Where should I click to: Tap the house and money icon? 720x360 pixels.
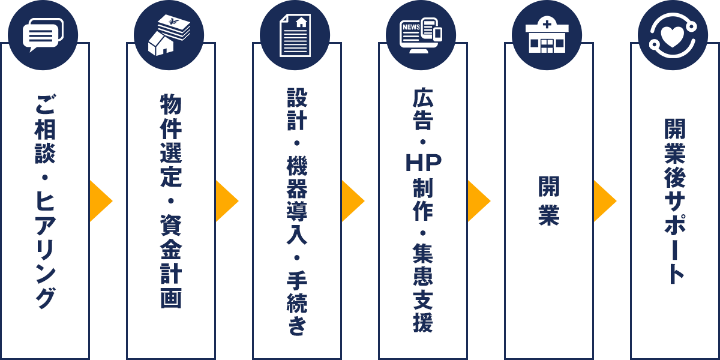tap(169, 35)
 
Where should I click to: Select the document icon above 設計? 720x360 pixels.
tap(295, 35)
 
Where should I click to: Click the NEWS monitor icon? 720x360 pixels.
tap(421, 35)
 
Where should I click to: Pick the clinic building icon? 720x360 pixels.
tap(547, 36)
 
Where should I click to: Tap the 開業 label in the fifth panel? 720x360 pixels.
tap(549, 201)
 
